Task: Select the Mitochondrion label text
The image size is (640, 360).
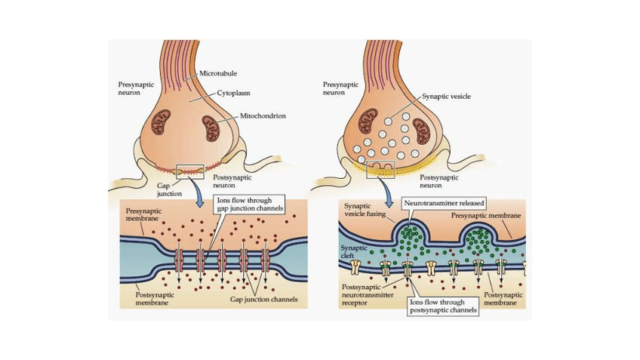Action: [x=263, y=115]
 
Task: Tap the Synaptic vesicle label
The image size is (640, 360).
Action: [x=446, y=96]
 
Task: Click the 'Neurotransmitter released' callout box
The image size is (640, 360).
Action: [x=444, y=203]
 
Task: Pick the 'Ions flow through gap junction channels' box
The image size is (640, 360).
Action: [x=249, y=205]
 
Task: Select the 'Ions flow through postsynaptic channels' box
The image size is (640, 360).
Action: [x=442, y=306]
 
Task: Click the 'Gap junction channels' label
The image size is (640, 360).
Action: [x=263, y=300]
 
